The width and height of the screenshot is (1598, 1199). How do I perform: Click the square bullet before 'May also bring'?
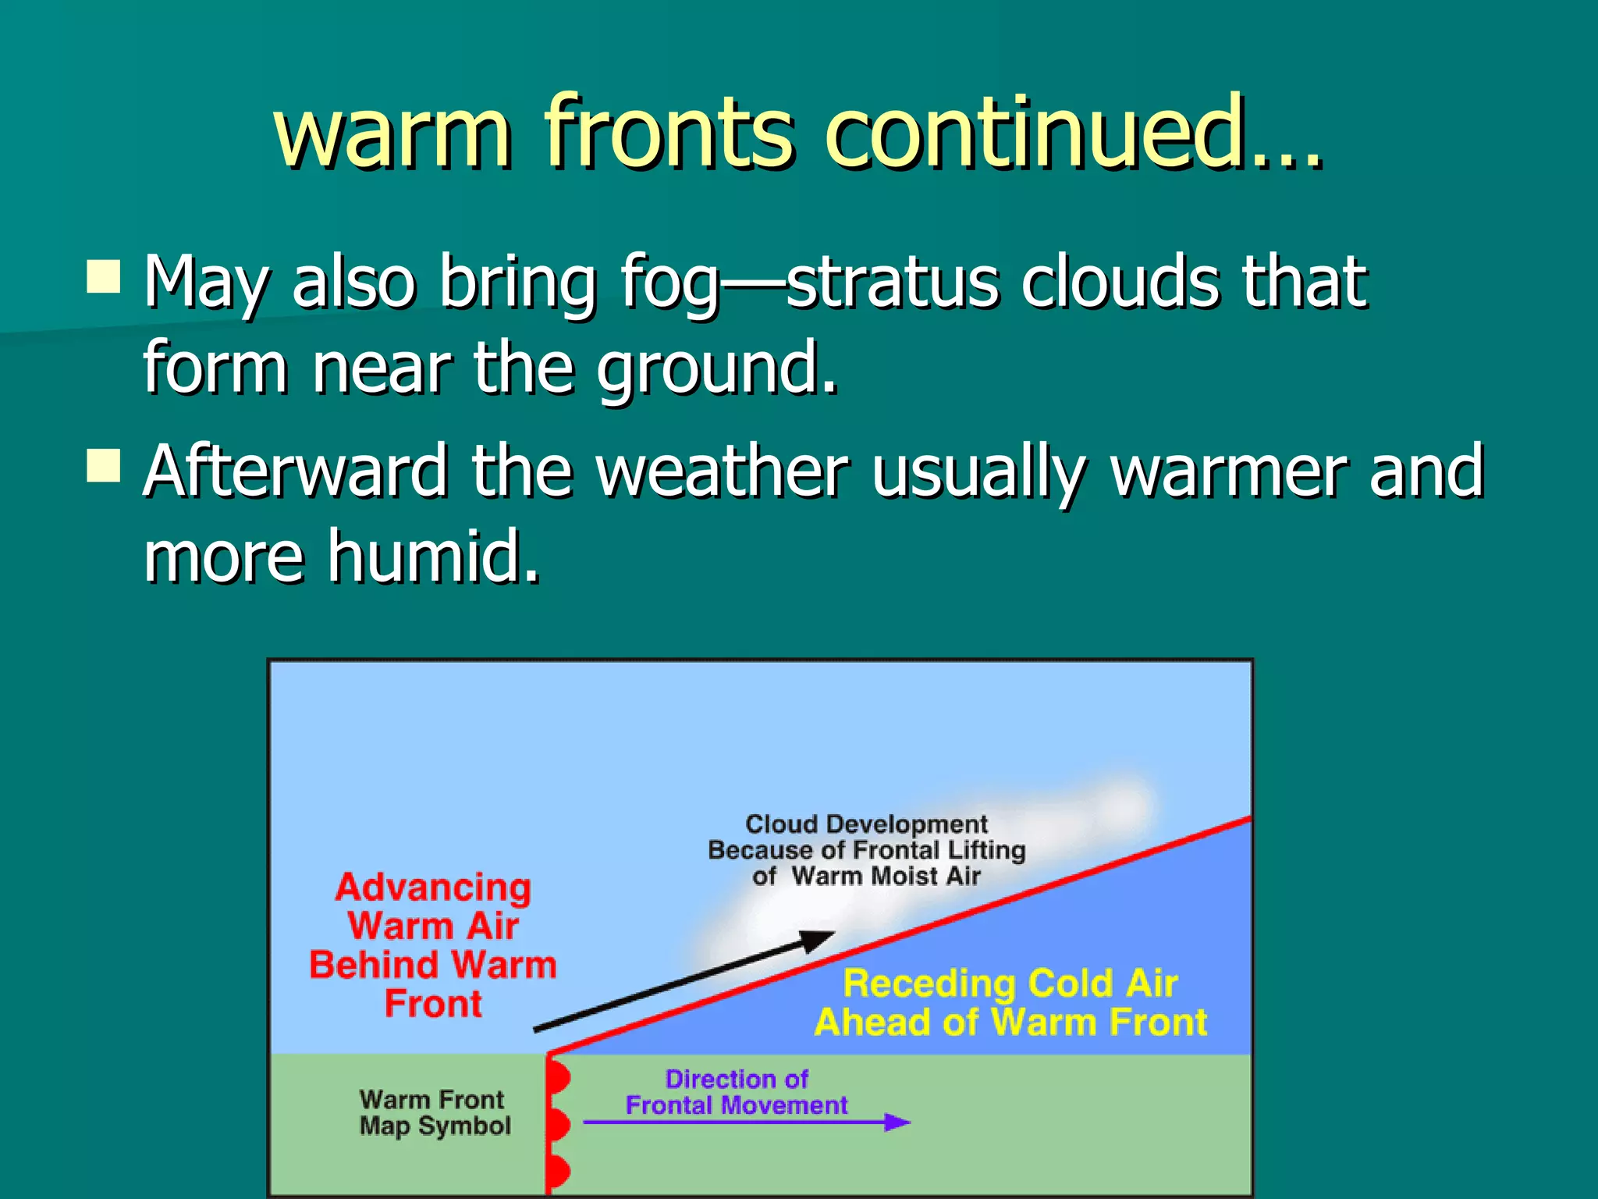click(x=104, y=276)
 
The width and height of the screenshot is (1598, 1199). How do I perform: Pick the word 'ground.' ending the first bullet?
click(x=718, y=368)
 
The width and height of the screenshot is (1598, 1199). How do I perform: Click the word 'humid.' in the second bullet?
click(x=433, y=556)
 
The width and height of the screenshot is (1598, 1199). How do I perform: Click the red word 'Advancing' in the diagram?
click(x=433, y=888)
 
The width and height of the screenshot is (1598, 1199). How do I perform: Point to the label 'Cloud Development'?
click(x=866, y=824)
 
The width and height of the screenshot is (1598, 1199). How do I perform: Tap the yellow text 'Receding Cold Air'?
click(x=1010, y=983)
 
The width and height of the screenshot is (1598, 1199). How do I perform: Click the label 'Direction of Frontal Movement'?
click(x=736, y=1092)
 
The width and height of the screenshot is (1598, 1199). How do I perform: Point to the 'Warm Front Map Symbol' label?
click(x=435, y=1112)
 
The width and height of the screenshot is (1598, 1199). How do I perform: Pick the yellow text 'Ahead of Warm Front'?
click(x=1010, y=1022)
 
